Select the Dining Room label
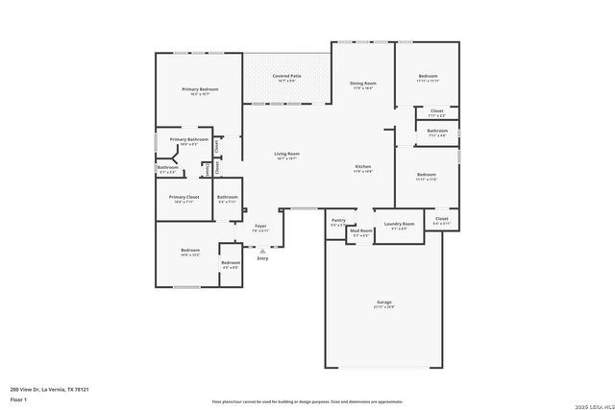[362, 84]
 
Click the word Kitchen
[362, 166]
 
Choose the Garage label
[383, 302]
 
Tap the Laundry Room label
[399, 224]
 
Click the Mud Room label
[360, 230]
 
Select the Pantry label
[338, 220]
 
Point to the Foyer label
[260, 226]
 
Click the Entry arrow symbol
[262, 251]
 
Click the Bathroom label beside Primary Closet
[227, 198]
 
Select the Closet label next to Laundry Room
[441, 219]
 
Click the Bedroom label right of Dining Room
[428, 76]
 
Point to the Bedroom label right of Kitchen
[427, 175]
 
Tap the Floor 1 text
[18, 398]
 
